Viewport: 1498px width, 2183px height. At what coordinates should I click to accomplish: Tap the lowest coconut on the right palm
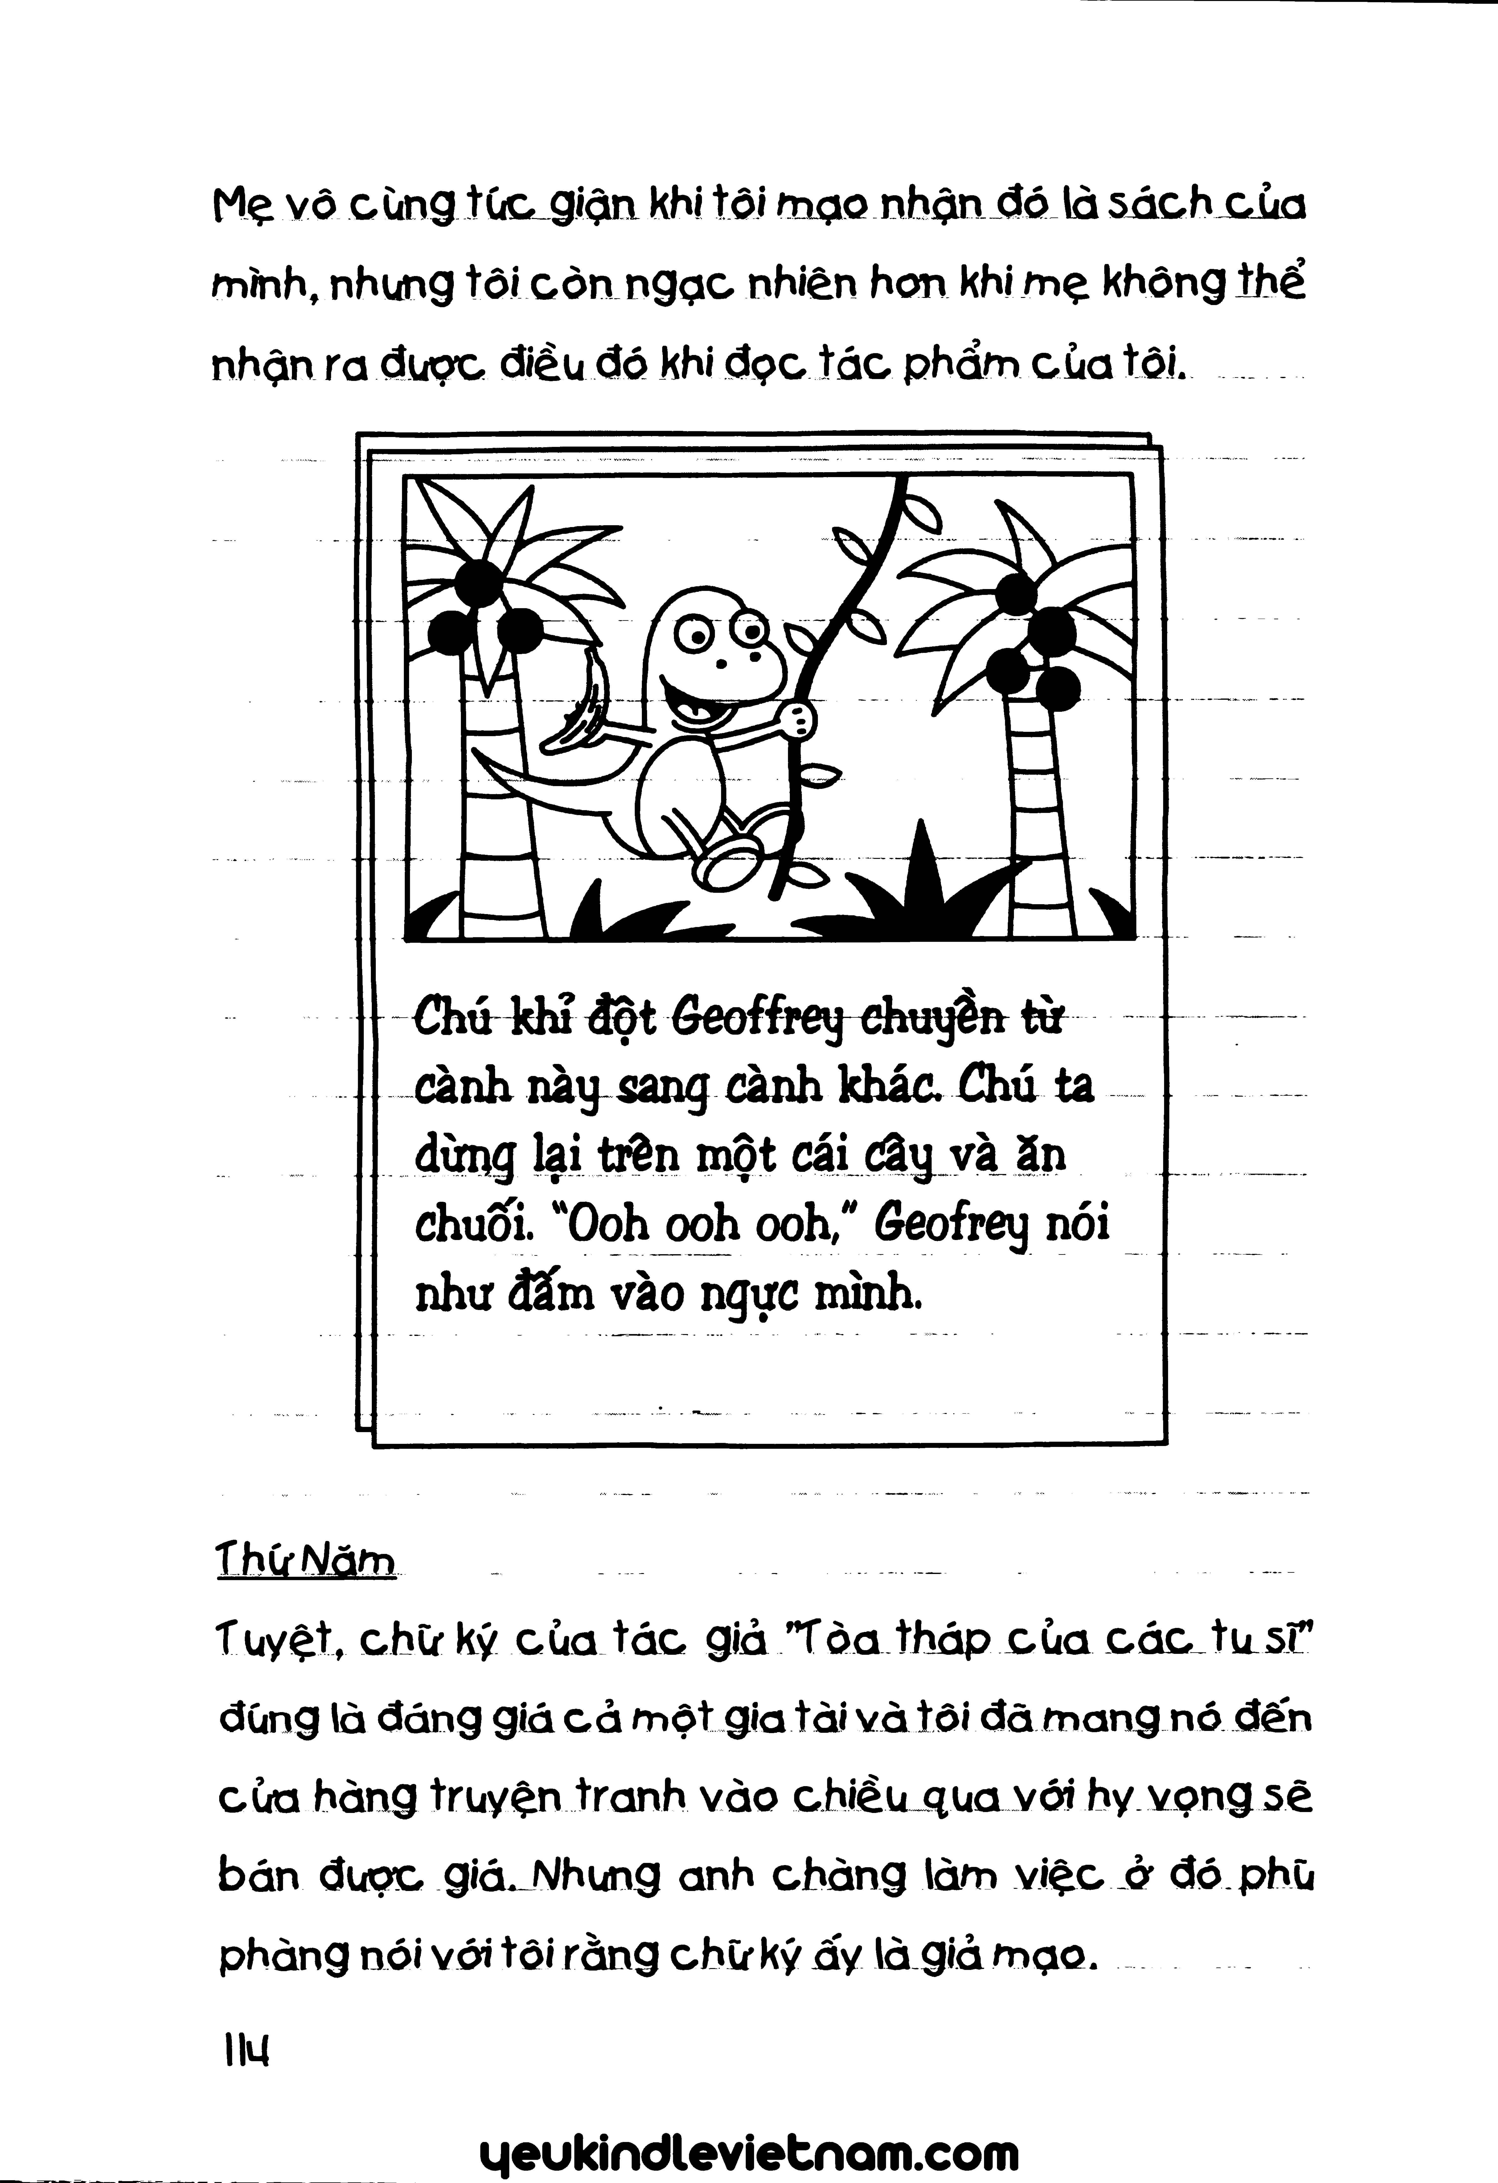tap(1059, 690)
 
